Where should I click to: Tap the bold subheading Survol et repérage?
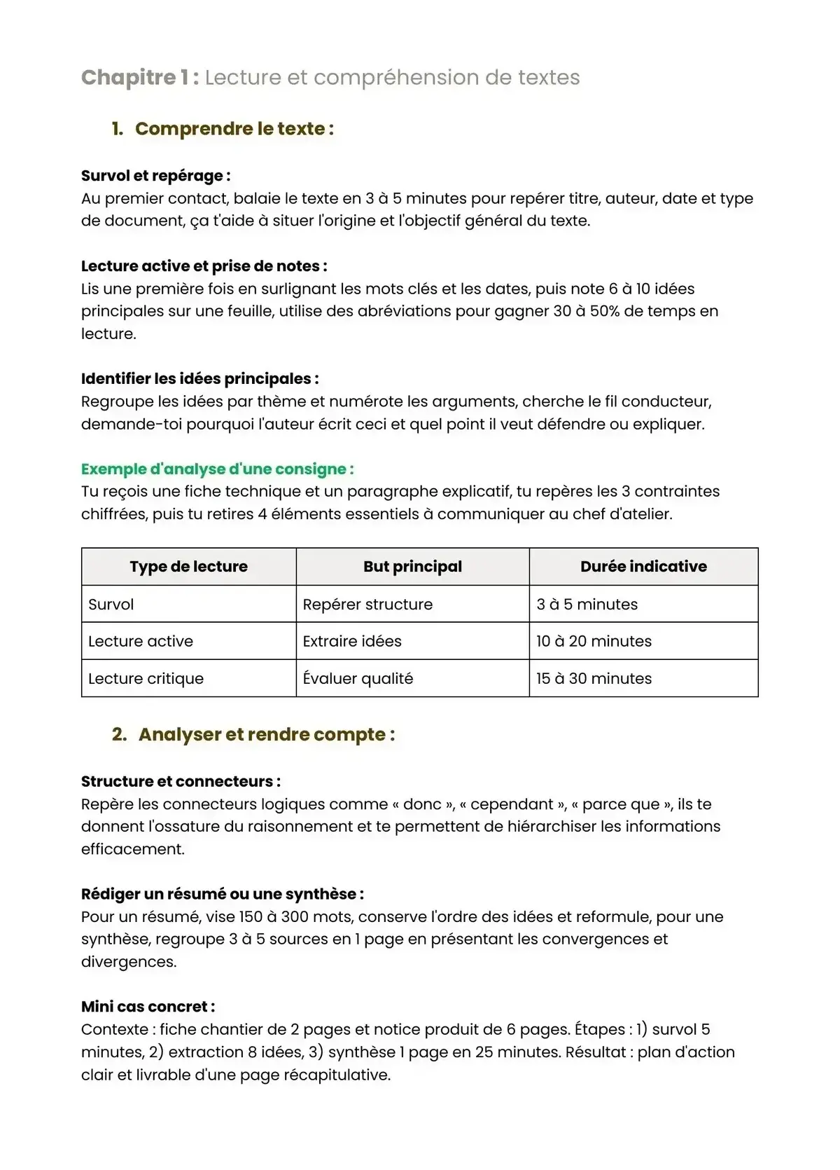coord(155,176)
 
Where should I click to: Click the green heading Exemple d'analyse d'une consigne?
coord(217,469)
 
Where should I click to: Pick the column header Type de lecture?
coord(188,567)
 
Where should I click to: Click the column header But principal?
coord(412,567)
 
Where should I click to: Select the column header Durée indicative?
coord(643,567)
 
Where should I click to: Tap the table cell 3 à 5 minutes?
coord(587,605)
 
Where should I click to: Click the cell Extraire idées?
coord(352,642)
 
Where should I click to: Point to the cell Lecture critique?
coord(146,679)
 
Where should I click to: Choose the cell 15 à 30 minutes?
coord(594,679)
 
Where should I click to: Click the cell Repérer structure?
coord(367,605)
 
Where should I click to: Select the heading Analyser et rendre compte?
coord(266,735)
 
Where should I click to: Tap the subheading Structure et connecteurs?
coord(181,782)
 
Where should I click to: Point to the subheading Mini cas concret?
coord(148,1007)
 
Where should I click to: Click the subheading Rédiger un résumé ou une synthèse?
coord(222,894)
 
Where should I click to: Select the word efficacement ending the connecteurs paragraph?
coord(132,849)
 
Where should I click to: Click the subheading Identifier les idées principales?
coord(199,379)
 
